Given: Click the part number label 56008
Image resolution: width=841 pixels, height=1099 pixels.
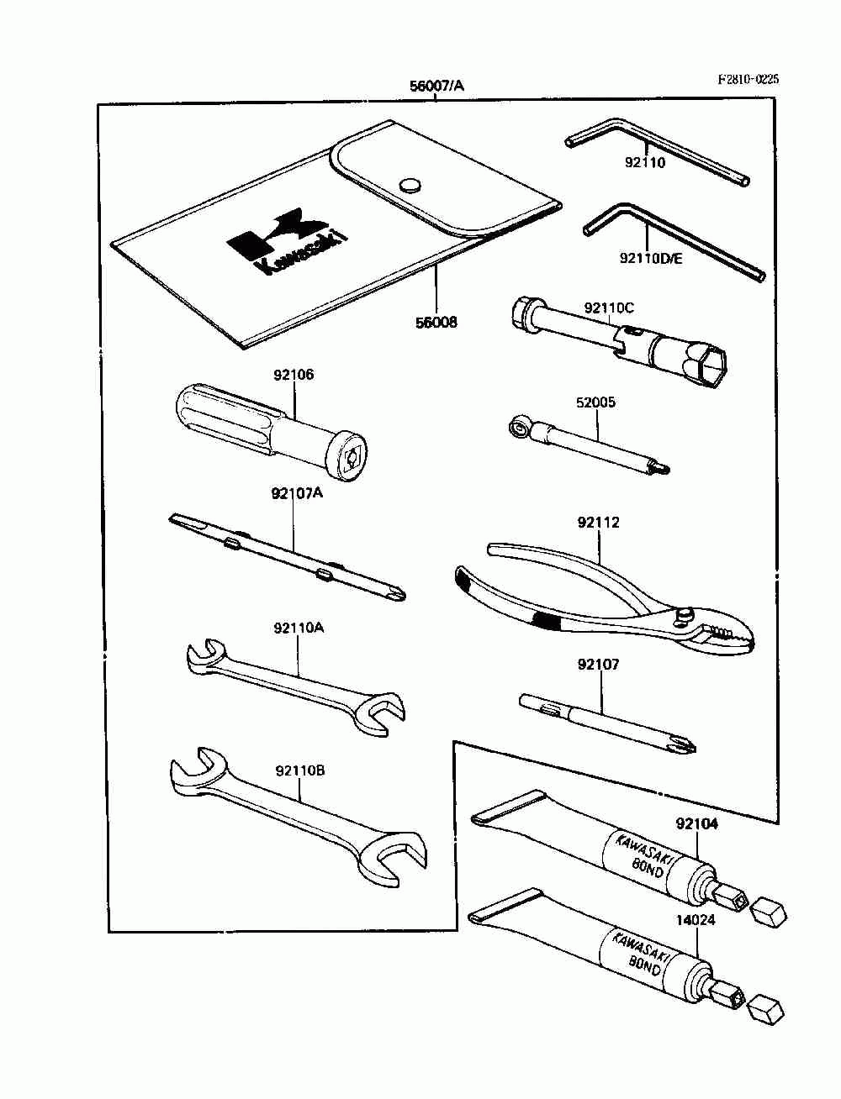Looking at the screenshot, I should coord(436,322).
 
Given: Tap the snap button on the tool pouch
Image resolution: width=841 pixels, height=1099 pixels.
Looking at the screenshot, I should coord(410,185).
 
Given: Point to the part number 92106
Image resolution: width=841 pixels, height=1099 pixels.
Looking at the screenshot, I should coord(292,375).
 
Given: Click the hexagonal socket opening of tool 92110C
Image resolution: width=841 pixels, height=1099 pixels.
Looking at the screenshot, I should coord(711,368).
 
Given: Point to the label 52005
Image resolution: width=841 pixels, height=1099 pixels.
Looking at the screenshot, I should coord(595,402).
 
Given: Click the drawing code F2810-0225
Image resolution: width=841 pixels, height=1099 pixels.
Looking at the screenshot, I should coord(748,79).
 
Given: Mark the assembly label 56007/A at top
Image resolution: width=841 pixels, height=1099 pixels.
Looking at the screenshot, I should coord(436,86).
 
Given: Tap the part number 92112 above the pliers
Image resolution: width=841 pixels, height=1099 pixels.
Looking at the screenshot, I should coord(598,523).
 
